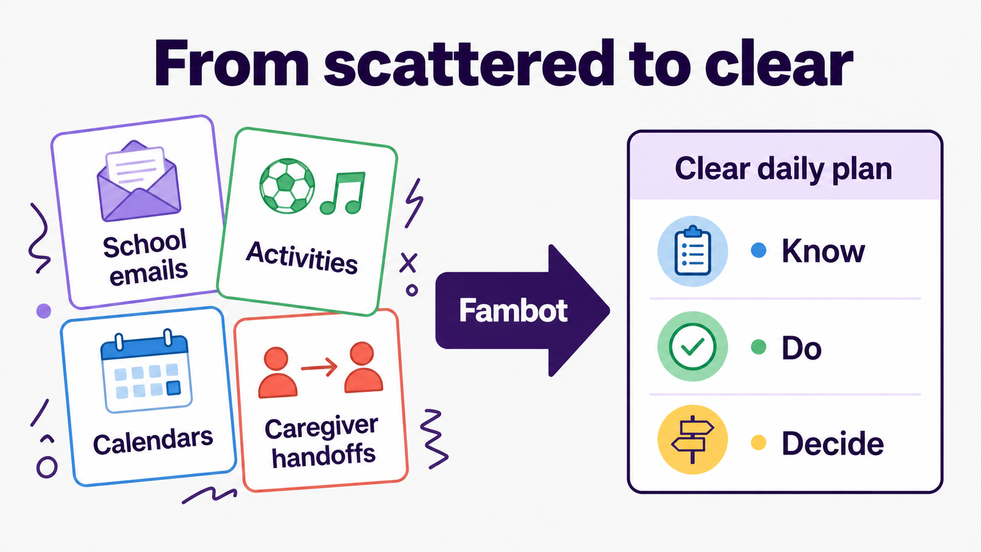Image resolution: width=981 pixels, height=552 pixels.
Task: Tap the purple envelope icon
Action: (x=139, y=181)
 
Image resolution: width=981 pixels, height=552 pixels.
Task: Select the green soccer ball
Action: (x=287, y=185)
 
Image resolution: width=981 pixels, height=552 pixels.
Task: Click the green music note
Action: (x=343, y=193)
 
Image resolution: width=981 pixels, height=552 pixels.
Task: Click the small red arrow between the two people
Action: (x=319, y=367)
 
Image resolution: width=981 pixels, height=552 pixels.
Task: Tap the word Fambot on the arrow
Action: (x=513, y=310)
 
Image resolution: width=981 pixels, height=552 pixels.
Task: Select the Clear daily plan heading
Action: (x=783, y=169)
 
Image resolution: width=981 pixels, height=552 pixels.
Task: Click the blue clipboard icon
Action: (x=692, y=251)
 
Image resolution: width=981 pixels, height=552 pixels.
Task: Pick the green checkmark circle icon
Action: (x=692, y=346)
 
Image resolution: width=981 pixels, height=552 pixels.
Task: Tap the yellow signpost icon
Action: (x=692, y=439)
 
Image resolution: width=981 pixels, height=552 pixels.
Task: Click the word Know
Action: (x=823, y=251)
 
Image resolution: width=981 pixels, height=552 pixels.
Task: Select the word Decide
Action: (x=833, y=443)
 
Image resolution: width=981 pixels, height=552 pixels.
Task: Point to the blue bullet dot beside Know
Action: (x=759, y=250)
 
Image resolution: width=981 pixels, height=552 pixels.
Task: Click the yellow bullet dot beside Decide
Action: (x=759, y=442)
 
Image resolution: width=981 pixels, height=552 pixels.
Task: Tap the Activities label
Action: (x=302, y=258)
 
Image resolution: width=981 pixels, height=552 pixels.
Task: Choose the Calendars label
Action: (x=153, y=441)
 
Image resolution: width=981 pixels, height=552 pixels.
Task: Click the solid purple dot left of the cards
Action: (x=43, y=311)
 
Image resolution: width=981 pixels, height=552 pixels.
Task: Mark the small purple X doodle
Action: (x=408, y=263)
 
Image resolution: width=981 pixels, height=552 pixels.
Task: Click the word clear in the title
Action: (x=778, y=63)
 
